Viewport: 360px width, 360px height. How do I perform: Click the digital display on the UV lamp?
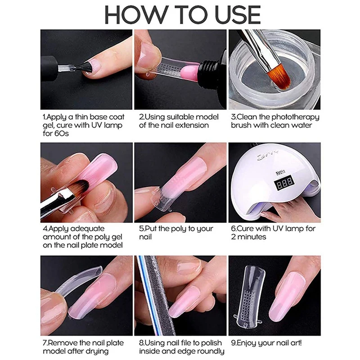(284, 183)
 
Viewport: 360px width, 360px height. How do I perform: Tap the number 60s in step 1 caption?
(61, 133)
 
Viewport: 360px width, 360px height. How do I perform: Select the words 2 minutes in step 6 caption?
(249, 237)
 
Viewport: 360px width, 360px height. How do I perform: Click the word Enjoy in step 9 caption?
(246, 343)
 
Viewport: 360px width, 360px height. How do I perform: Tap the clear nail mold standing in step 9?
(251, 296)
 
